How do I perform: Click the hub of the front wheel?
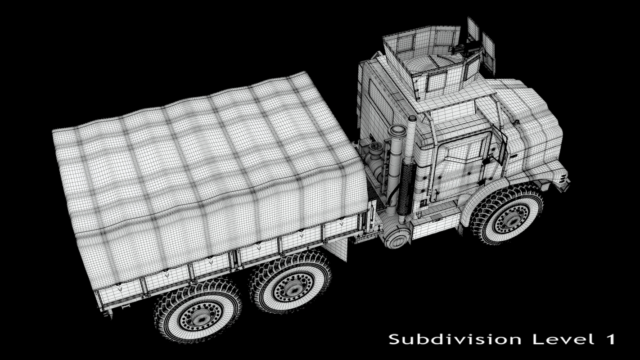(x=512, y=219)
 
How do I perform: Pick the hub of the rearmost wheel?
(x=198, y=316)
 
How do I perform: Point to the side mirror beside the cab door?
(x=500, y=139)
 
